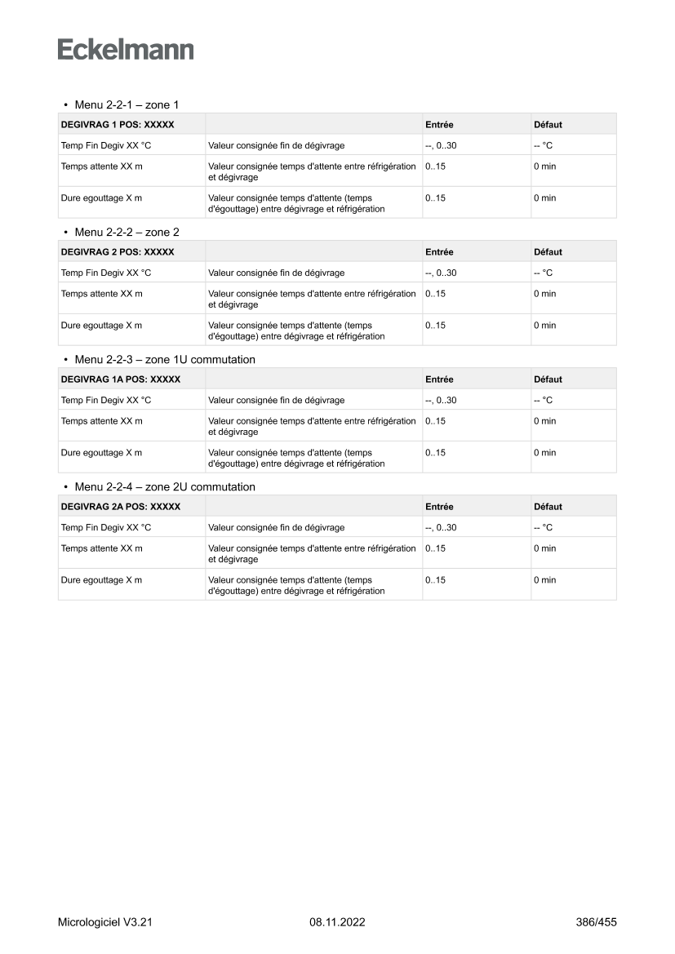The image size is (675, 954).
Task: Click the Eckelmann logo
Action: coord(126,50)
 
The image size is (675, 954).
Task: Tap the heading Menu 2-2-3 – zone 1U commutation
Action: coord(164,360)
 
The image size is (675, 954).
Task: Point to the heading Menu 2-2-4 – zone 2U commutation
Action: coord(164,487)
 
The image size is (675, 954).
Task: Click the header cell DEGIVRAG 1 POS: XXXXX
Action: coord(118,125)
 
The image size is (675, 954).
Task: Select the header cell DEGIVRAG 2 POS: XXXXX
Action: coord(118,252)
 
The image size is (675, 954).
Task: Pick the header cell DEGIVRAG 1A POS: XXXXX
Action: coord(121,379)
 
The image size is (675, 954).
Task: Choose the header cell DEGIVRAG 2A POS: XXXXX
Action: coord(121,507)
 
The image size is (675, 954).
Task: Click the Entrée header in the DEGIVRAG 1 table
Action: coord(439,125)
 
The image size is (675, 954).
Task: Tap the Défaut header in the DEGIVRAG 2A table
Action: coord(548,507)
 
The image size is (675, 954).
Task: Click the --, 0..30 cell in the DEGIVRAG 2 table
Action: coord(441,273)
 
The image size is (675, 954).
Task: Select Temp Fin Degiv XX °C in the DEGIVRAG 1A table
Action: coord(106,400)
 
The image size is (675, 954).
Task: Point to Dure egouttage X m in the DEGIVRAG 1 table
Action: coord(101,197)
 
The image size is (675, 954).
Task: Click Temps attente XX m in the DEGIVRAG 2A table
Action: coord(101,548)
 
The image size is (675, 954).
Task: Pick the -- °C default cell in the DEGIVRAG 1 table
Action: coord(543,145)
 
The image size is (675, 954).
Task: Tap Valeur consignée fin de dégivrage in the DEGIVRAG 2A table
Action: coord(276,527)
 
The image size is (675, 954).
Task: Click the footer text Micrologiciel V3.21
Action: coord(105,922)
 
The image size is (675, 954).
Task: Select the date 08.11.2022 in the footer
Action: coord(337,922)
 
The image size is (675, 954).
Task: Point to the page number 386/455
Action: coord(596,922)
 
